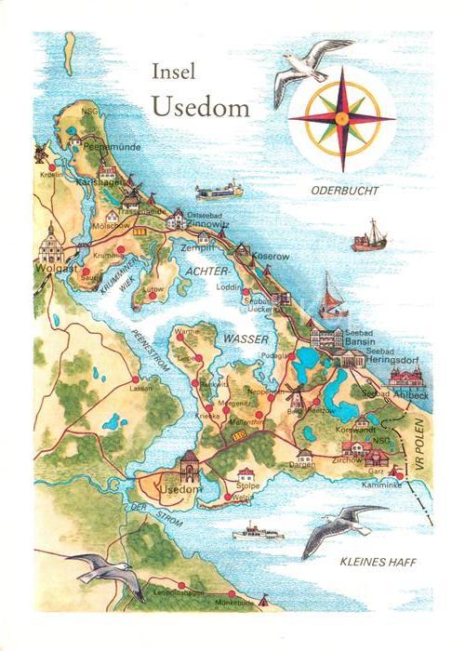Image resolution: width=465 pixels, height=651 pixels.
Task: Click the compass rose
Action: (341, 117)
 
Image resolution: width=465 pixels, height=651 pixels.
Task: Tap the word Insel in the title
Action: (175, 73)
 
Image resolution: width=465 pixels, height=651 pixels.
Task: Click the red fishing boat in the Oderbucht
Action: (369, 238)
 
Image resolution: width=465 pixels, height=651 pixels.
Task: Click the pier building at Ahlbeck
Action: (406, 376)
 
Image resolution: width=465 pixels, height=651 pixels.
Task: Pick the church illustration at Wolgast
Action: (52, 246)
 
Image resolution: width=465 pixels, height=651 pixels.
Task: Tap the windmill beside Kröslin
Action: (40, 152)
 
